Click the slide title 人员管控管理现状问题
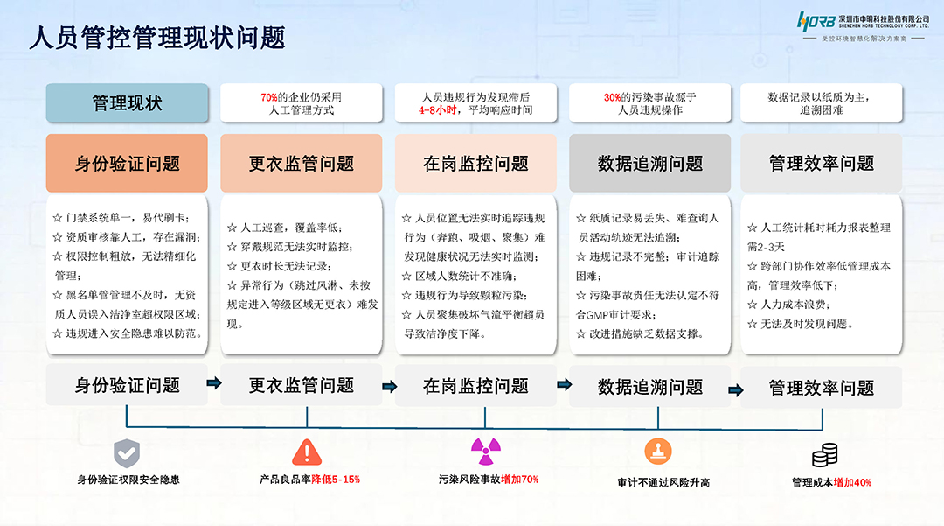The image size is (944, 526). (157, 38)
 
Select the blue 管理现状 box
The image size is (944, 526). (127, 102)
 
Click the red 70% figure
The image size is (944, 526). (268, 97)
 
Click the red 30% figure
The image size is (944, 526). (612, 97)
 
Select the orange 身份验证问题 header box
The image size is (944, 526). (127, 163)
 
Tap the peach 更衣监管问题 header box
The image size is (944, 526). (302, 163)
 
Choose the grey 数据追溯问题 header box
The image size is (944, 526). (649, 163)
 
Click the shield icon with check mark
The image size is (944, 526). (128, 452)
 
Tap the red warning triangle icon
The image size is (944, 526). (306, 452)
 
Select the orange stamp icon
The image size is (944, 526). (657, 452)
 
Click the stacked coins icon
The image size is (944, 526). (825, 455)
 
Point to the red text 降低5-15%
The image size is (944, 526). (336, 480)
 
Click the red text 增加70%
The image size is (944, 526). (519, 480)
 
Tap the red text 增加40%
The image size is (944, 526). (852, 482)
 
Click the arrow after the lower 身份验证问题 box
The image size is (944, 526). (213, 383)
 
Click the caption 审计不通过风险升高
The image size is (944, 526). (663, 482)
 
